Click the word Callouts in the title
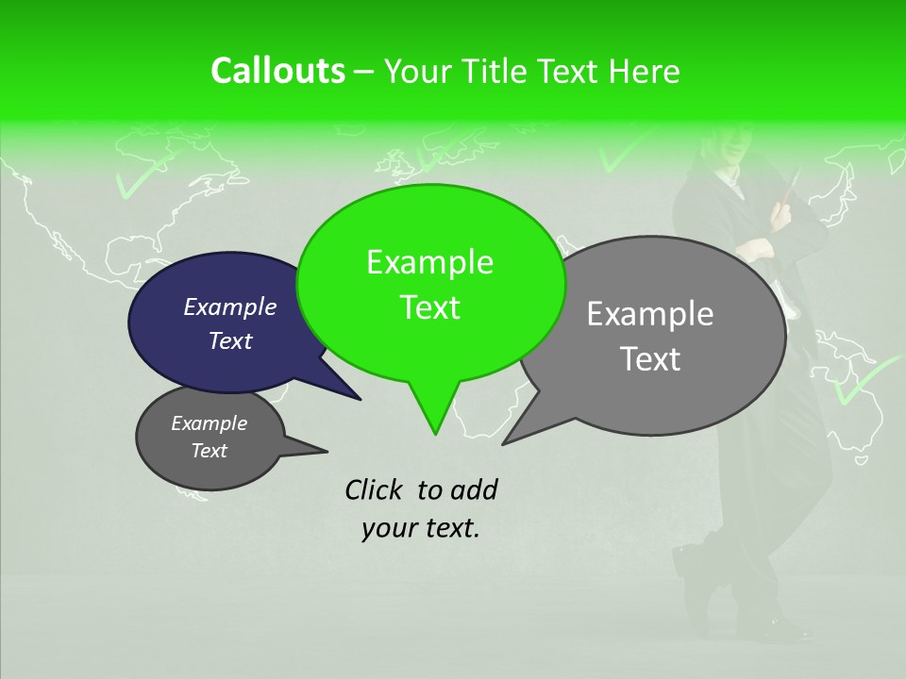click(x=277, y=71)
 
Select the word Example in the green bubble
click(x=429, y=262)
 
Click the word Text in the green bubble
click(x=429, y=307)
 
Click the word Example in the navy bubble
click(x=230, y=306)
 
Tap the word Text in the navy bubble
click(x=230, y=340)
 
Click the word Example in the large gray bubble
click(x=650, y=314)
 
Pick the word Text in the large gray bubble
click(x=650, y=359)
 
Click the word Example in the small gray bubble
click(x=210, y=423)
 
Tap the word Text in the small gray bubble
click(x=210, y=451)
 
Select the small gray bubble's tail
click(x=307, y=448)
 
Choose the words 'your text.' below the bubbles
click(x=421, y=528)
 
